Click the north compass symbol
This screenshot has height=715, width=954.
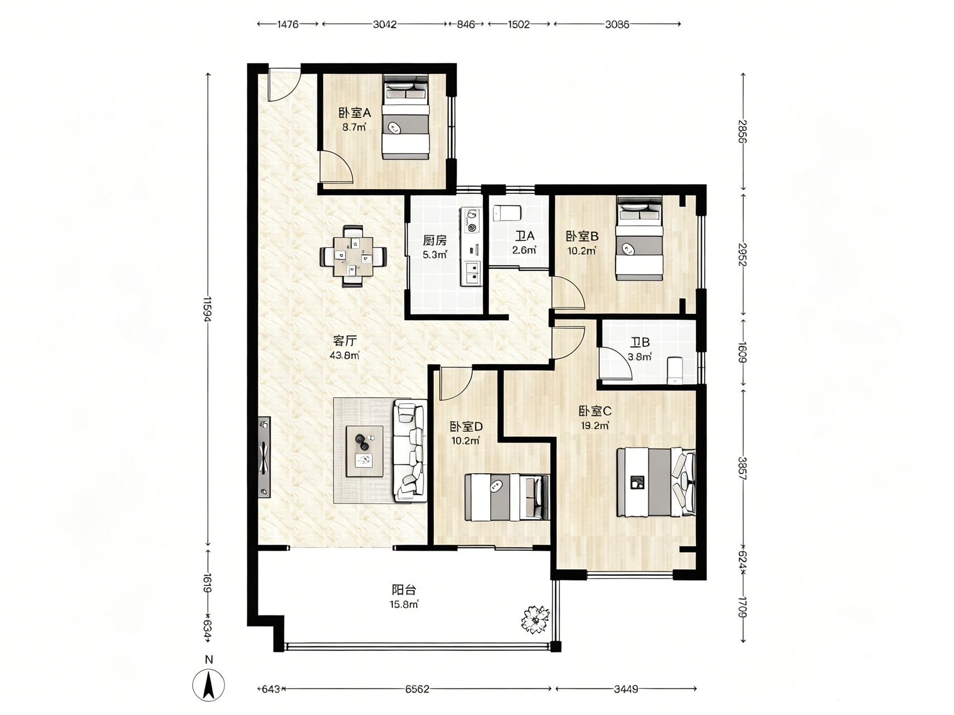[208, 684]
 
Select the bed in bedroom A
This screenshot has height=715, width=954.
[406, 117]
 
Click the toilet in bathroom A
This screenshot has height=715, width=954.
[507, 213]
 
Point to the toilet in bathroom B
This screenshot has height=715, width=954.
[675, 371]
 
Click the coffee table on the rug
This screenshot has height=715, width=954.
[365, 451]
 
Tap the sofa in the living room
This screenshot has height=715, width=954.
[410, 450]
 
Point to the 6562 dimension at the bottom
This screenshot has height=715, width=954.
[417, 689]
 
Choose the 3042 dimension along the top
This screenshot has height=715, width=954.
[385, 24]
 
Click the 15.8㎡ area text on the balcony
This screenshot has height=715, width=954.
[404, 604]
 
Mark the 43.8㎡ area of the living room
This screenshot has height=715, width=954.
[345, 355]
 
